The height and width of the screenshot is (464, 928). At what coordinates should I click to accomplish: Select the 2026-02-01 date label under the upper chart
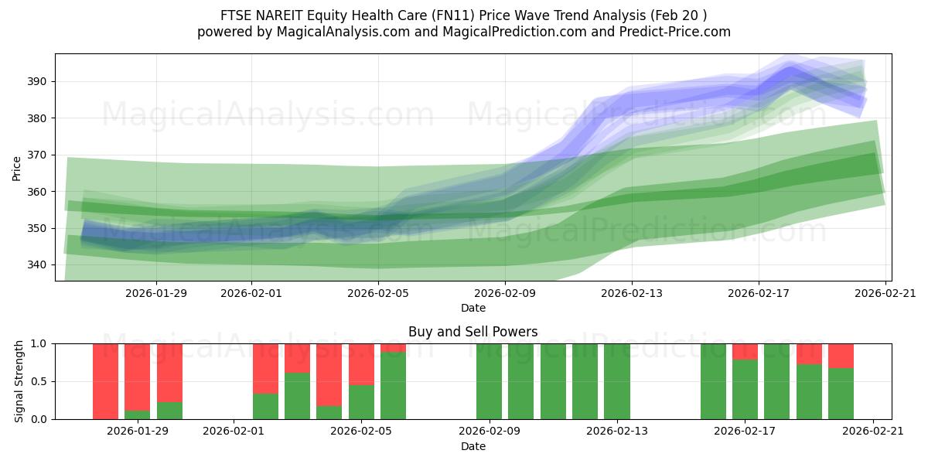(251, 293)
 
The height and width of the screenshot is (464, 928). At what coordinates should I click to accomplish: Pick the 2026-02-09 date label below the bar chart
(490, 431)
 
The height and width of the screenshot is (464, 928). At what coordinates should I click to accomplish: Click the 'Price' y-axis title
(17, 168)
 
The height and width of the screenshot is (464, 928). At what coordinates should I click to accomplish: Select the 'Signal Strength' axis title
(20, 381)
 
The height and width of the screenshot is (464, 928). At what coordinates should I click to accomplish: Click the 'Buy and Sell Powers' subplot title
(473, 332)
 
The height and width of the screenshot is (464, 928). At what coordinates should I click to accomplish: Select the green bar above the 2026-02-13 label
(617, 381)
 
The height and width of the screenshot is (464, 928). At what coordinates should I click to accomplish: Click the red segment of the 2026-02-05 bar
(361, 363)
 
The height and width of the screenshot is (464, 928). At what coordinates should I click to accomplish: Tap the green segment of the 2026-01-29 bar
(138, 415)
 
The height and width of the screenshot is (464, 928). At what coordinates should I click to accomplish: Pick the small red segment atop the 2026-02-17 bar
(745, 351)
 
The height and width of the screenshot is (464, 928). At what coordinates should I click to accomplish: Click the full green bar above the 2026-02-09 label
(489, 381)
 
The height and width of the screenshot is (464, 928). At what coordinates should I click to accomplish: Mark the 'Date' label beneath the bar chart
(473, 446)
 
